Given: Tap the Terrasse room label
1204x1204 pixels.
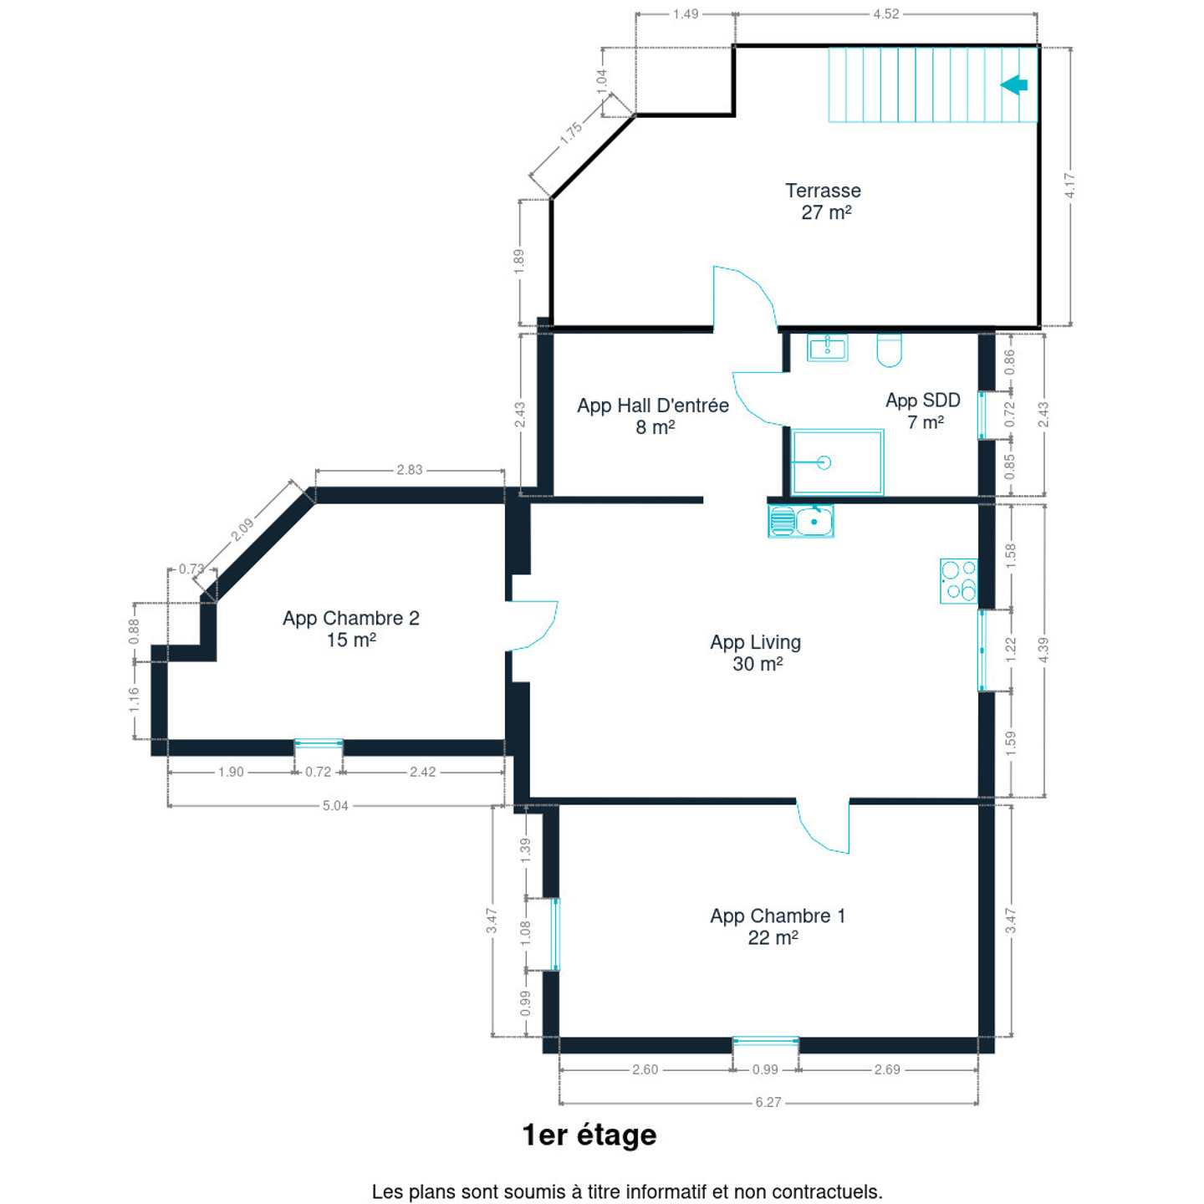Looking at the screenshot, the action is [823, 191].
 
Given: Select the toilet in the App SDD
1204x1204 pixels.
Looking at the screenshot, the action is [889, 349].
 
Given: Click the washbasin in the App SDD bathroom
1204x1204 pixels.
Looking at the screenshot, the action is [827, 347].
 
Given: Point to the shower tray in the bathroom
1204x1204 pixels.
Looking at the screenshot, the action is [837, 462].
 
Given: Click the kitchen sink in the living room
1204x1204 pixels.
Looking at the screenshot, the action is [800, 520].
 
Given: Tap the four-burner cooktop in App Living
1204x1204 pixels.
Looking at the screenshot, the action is [958, 580].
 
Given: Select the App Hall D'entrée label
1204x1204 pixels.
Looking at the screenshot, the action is [653, 406].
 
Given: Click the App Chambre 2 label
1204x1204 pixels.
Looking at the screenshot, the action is [351, 618].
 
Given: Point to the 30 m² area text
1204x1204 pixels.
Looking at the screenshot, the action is [758, 664].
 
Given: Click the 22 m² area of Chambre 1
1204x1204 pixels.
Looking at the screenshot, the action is [773, 937].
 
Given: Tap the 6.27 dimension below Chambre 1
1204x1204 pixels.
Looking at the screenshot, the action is [768, 1102].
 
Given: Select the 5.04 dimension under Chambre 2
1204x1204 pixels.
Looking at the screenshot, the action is [335, 805].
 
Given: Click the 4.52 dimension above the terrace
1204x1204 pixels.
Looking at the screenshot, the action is [886, 13].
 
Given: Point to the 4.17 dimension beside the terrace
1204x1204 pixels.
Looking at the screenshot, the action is [1069, 186].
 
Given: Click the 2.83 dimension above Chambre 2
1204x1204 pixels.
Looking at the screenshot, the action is [410, 469].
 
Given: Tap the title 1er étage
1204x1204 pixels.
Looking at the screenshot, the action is [589, 1135].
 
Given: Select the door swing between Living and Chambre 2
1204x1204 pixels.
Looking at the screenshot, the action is [533, 625].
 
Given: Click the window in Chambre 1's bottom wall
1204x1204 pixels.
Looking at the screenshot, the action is [765, 1041].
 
